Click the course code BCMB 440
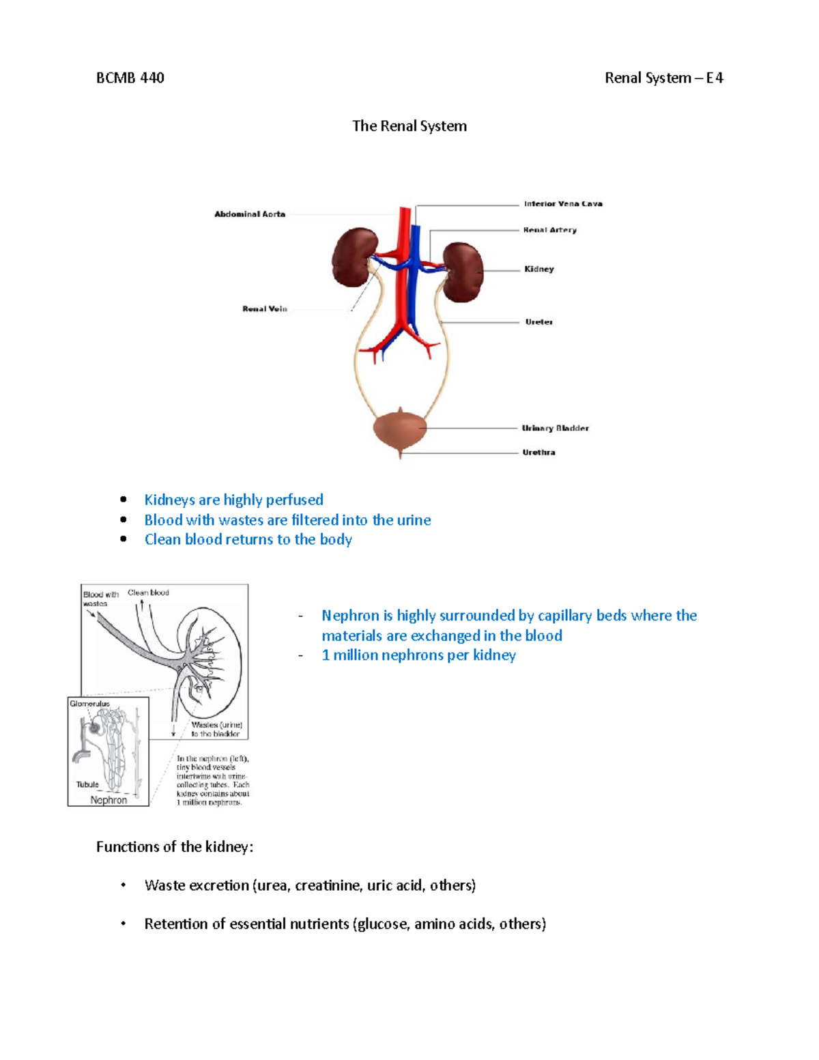tap(130, 78)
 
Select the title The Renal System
tap(409, 126)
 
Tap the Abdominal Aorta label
tap(250, 214)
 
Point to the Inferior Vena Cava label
tap(563, 203)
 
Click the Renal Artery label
tap(549, 230)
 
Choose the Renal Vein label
tap(265, 309)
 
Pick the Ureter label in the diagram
tap(538, 322)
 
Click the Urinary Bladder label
tap(555, 429)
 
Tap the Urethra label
tap(538, 453)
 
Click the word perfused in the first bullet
tap(294, 500)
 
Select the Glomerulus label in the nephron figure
tap(89, 704)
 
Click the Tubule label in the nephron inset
tap(87, 784)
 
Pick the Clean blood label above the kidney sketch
tap(148, 592)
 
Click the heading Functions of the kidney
tap(175, 847)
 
